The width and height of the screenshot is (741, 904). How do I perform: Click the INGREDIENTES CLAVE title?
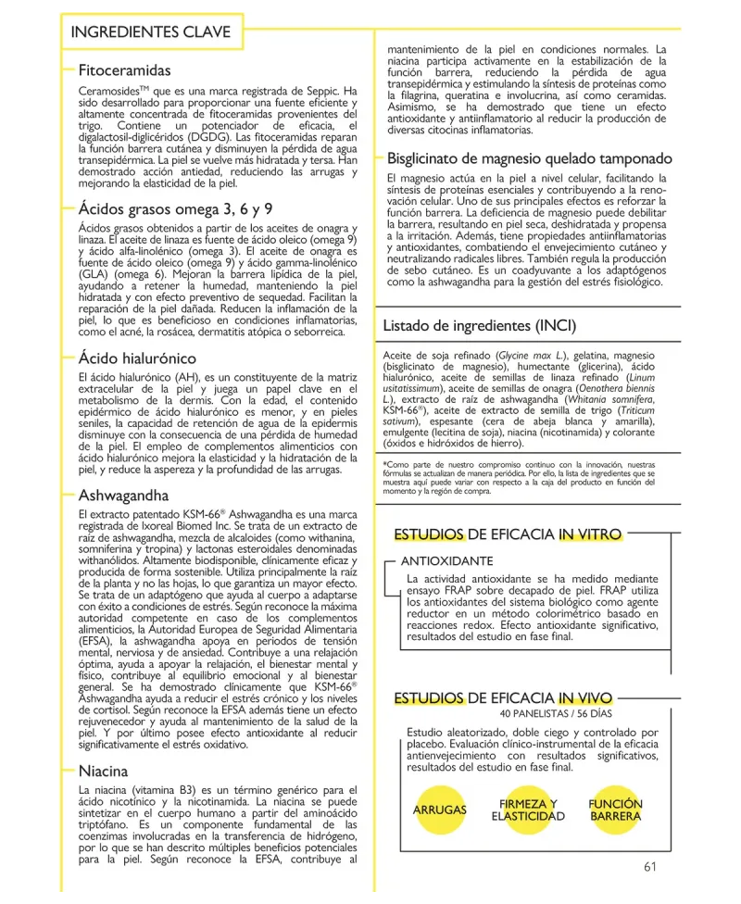[x=151, y=31]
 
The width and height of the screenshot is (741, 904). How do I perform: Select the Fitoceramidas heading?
[x=125, y=70]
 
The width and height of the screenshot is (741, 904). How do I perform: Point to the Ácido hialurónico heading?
[x=137, y=358]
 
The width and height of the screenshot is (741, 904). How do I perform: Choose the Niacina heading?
[x=104, y=771]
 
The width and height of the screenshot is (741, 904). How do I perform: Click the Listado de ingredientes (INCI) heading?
[x=479, y=325]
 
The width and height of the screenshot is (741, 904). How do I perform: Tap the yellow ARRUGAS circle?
[x=439, y=810]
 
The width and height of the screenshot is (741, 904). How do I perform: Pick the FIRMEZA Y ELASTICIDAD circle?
[x=528, y=810]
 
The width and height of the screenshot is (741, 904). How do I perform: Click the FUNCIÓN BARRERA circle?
[x=615, y=810]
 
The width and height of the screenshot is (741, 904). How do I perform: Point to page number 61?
[x=648, y=868]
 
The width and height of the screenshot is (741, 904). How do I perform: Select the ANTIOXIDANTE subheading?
[x=446, y=561]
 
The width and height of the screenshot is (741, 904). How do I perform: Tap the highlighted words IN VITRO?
[x=589, y=534]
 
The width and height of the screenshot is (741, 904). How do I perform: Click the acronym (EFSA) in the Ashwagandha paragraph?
[x=98, y=640]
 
